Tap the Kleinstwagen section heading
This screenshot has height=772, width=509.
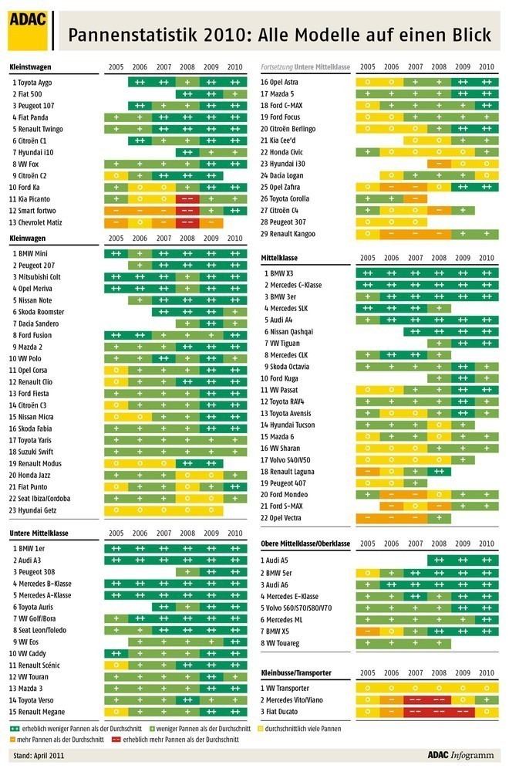click(30, 67)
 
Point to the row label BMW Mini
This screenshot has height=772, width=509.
click(33, 253)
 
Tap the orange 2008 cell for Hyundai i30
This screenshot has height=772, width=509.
click(439, 164)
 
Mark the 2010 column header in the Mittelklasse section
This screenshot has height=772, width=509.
click(486, 259)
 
